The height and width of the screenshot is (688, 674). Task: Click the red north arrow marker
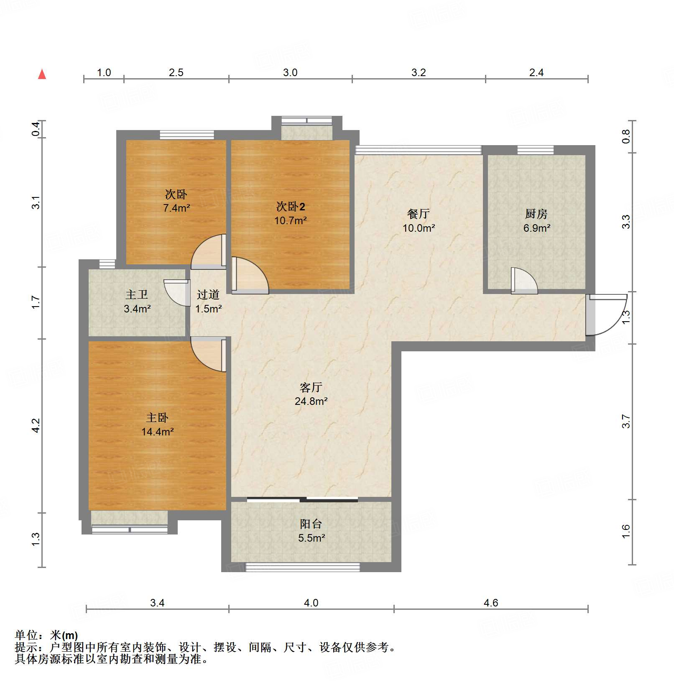pyautogui.click(x=42, y=74)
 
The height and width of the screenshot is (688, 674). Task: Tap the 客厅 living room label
pyautogui.click(x=311, y=387)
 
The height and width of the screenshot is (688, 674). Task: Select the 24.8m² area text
pyautogui.click(x=311, y=401)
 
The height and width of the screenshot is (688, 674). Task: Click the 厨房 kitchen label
pyautogui.click(x=536, y=214)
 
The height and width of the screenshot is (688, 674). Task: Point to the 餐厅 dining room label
pyautogui.click(x=418, y=214)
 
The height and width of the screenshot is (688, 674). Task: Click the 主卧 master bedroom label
pyautogui.click(x=157, y=418)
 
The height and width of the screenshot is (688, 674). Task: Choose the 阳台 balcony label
pyautogui.click(x=311, y=524)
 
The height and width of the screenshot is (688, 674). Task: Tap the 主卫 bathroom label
pyautogui.click(x=137, y=295)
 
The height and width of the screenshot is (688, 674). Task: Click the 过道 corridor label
pyautogui.click(x=208, y=295)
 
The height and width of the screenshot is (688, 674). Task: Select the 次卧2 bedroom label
pyautogui.click(x=290, y=207)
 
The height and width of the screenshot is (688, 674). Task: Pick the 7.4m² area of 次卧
pyautogui.click(x=176, y=208)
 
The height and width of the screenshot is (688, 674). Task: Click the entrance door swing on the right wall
pyautogui.click(x=606, y=315)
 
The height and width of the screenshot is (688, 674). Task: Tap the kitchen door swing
pyautogui.click(x=523, y=281)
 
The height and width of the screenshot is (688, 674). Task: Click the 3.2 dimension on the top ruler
pyautogui.click(x=418, y=72)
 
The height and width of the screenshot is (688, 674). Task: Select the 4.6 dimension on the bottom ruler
pyautogui.click(x=490, y=603)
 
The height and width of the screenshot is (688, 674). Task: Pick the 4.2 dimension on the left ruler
pyautogui.click(x=36, y=425)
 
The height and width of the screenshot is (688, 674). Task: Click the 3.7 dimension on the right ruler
pyautogui.click(x=625, y=421)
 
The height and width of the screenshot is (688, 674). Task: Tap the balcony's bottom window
pyautogui.click(x=302, y=567)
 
